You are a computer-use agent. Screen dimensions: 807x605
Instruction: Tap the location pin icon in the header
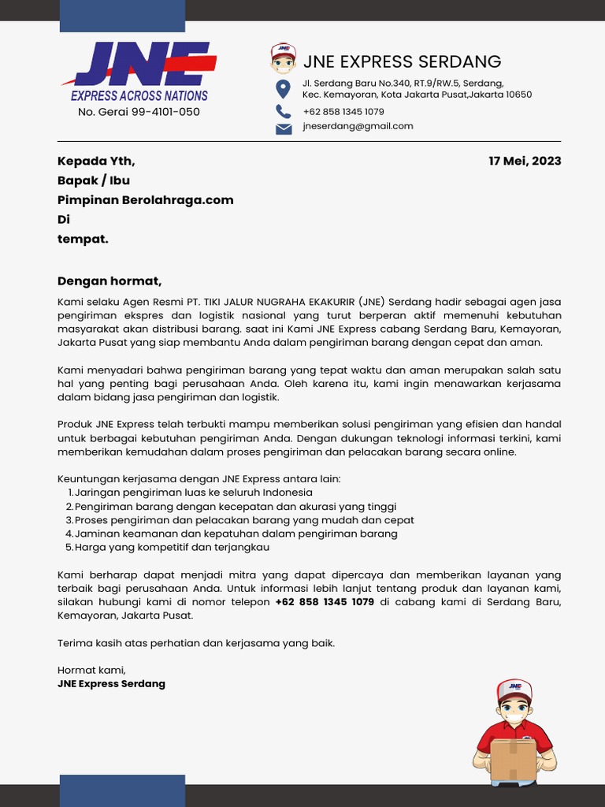click(x=283, y=88)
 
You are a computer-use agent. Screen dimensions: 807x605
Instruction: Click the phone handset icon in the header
click(x=283, y=111)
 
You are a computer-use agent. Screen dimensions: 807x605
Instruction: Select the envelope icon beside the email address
click(x=284, y=128)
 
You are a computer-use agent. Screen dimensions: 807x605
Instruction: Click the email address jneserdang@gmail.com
click(x=358, y=126)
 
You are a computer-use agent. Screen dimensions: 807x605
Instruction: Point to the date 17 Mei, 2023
click(x=525, y=161)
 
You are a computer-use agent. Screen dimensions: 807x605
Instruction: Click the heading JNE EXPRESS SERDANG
click(x=402, y=61)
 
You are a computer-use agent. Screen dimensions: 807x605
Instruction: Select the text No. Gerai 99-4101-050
click(x=139, y=112)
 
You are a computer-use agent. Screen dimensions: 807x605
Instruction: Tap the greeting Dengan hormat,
click(x=109, y=281)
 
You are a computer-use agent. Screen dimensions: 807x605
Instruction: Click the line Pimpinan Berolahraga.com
click(x=145, y=200)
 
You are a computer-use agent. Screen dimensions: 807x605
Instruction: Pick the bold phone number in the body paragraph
click(x=325, y=602)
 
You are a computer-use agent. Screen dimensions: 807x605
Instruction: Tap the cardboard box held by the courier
click(x=513, y=759)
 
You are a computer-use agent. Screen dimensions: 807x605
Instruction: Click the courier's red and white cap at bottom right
click(x=514, y=690)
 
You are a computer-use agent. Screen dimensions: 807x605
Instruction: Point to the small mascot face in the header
click(x=283, y=59)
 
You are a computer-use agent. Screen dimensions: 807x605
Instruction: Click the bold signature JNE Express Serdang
click(x=111, y=683)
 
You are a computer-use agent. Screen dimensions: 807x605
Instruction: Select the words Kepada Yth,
click(x=96, y=161)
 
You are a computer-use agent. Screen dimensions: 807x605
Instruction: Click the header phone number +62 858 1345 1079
click(x=343, y=112)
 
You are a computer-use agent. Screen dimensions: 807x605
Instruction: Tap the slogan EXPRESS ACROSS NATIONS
click(x=139, y=96)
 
